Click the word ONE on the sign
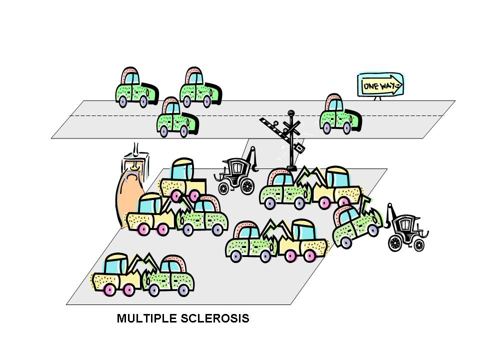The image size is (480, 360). tap(370, 86)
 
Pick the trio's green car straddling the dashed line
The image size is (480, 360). tap(175, 119)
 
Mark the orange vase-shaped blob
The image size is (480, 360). tap(129, 197)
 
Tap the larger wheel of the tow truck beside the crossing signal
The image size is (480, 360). tap(247, 187)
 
